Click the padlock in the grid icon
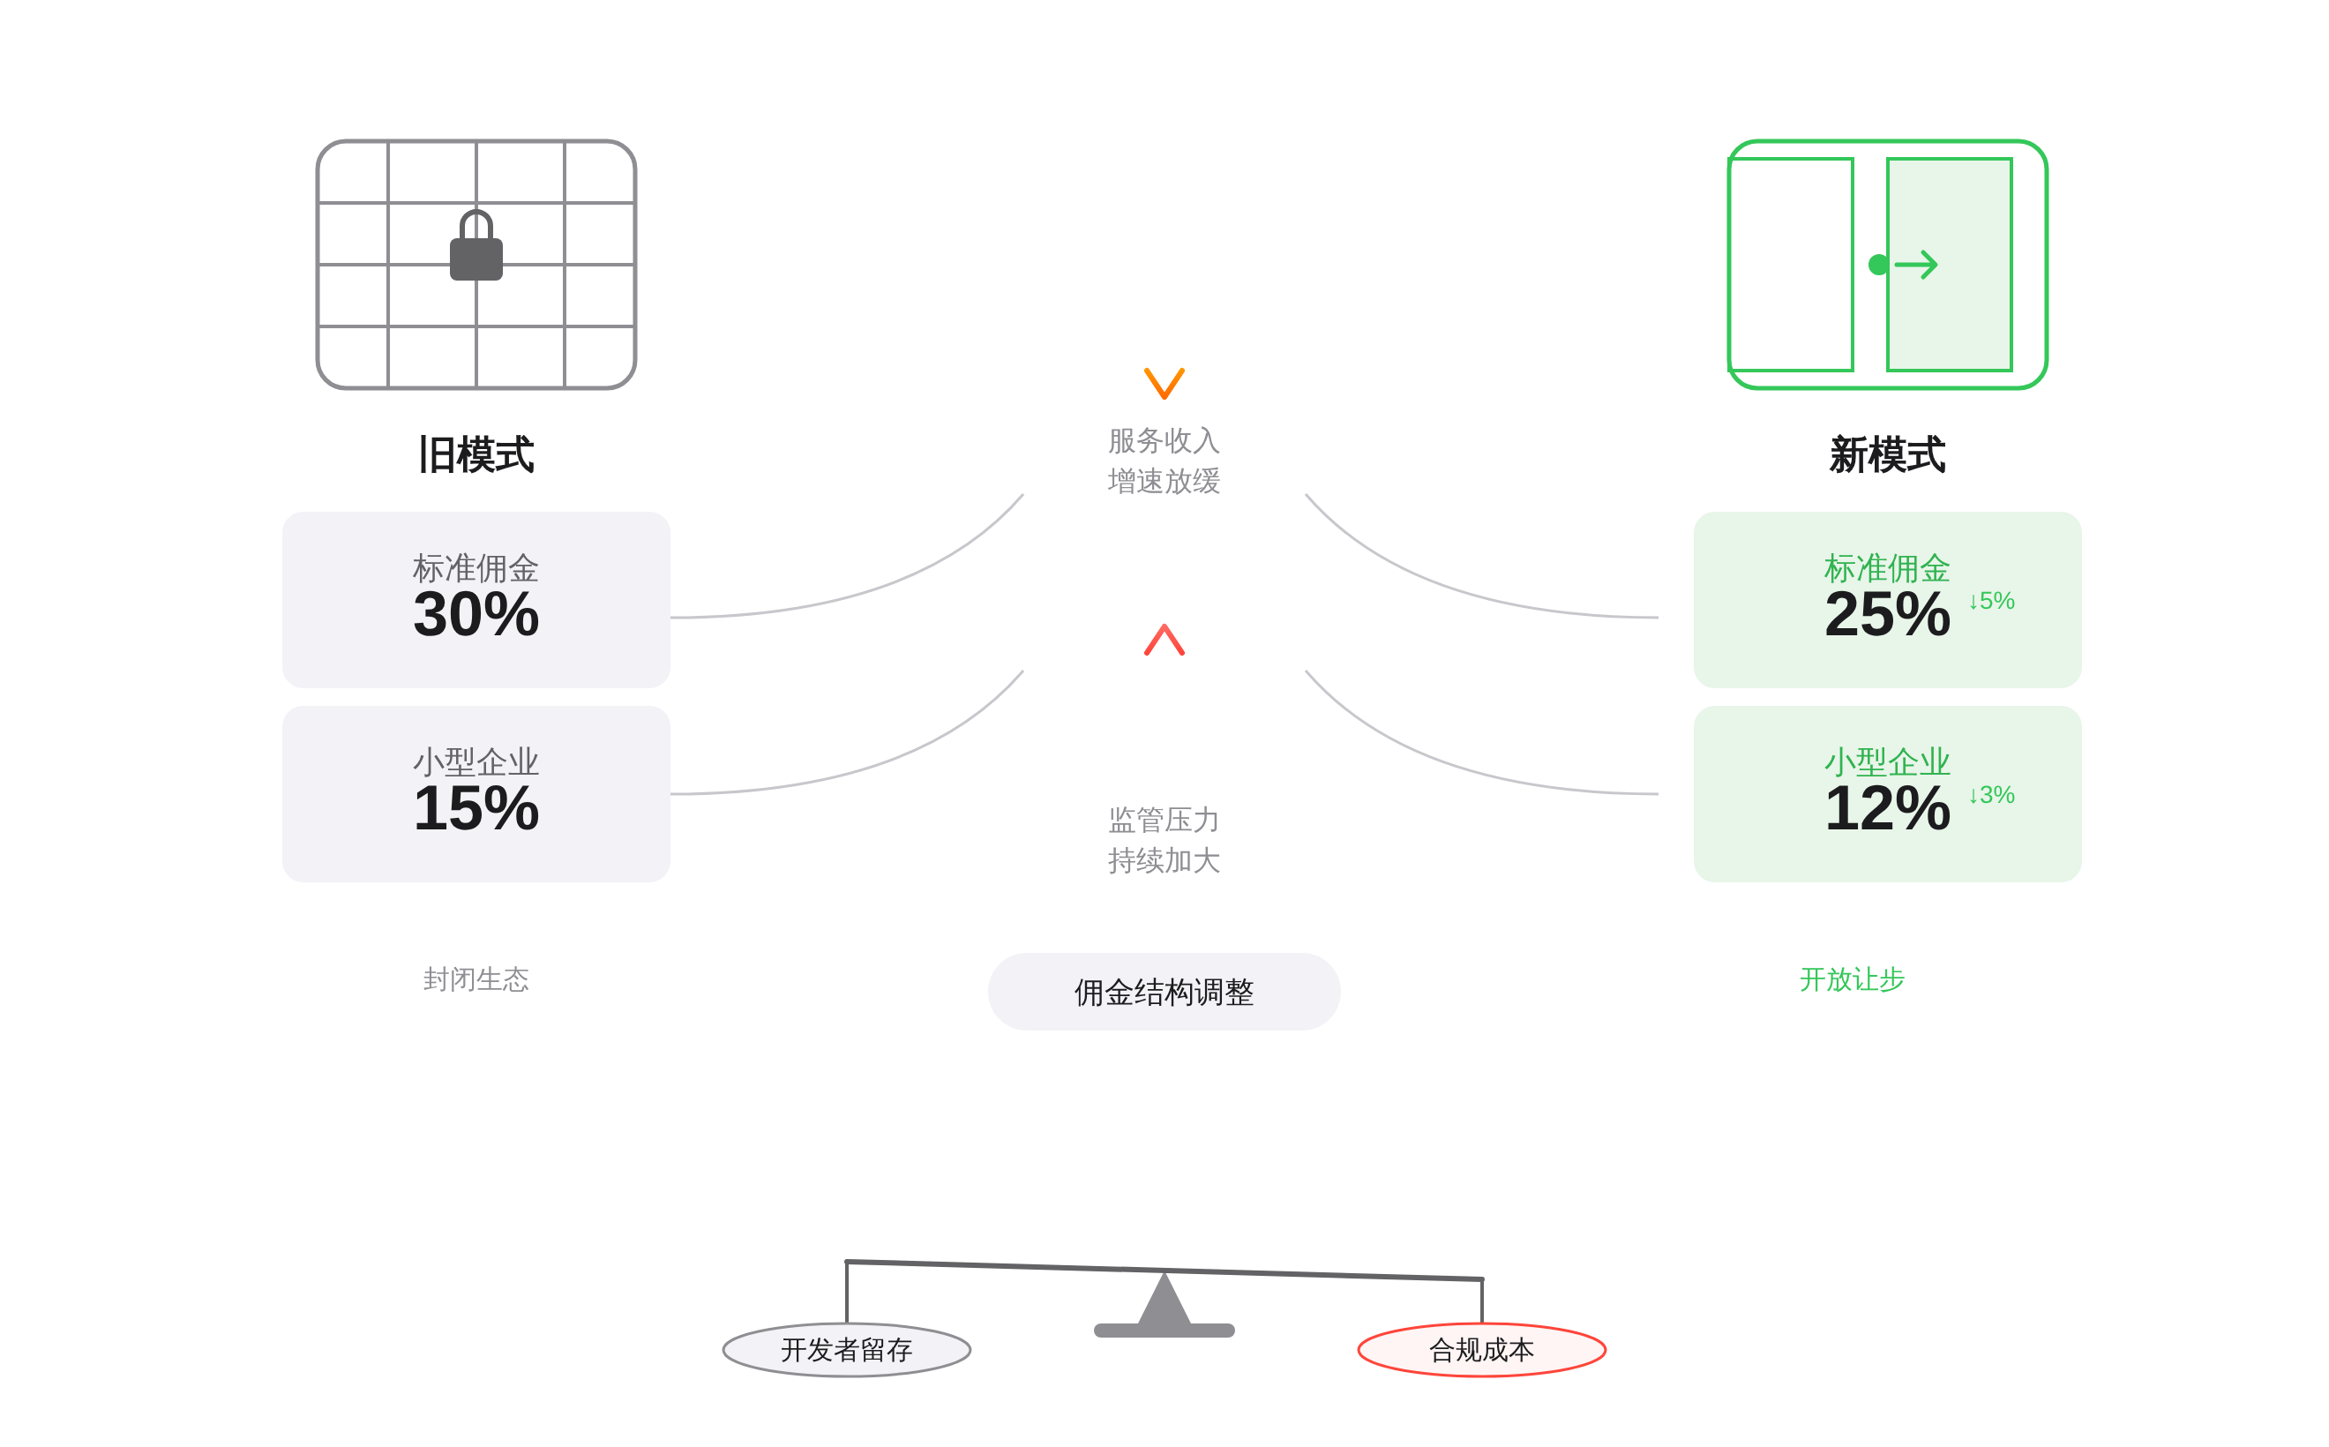tap(476, 248)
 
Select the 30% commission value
tap(476, 614)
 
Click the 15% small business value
tap(476, 809)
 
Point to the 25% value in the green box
tap(1886, 614)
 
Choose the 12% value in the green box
tap(1886, 809)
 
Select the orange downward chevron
tap(1164, 383)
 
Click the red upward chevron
tap(1164, 641)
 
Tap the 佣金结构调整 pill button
tap(1164, 992)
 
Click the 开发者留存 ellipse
tap(846, 1349)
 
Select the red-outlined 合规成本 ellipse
tap(1480, 1349)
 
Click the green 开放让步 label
tap(1851, 979)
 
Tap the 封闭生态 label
tap(476, 979)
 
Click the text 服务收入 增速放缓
tap(1164, 461)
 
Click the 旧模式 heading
tap(476, 454)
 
